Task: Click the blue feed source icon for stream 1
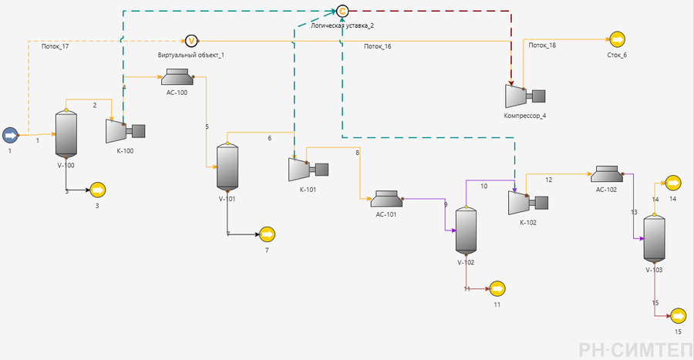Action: pos(10,136)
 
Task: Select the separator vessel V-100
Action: pos(66,134)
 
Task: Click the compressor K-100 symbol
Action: pos(125,131)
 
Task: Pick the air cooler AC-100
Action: pos(177,77)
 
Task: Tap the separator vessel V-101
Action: pos(227,167)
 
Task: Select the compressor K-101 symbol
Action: pos(308,170)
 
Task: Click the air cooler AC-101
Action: pos(386,199)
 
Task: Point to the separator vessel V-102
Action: pos(466,230)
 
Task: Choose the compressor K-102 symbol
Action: pos(528,203)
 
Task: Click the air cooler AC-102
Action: pos(607,173)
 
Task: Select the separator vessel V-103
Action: pos(654,239)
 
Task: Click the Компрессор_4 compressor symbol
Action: pos(525,96)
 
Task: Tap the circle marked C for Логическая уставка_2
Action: pos(342,11)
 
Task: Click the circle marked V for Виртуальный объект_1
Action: pos(191,41)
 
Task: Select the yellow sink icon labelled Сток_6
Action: pos(617,39)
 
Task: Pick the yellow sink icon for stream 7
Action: pos(267,234)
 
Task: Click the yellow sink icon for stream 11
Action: pos(497,289)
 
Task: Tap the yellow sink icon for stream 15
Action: pos(678,316)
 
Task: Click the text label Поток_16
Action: pos(378,46)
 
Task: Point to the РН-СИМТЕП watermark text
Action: pos(635,350)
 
